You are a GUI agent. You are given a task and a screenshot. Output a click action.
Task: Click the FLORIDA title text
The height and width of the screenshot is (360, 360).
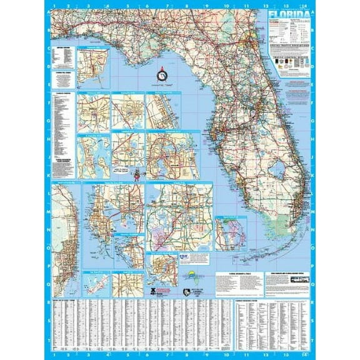(x=288, y=14)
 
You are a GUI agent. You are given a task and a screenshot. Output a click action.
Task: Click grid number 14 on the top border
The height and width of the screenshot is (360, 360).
(x=306, y=6)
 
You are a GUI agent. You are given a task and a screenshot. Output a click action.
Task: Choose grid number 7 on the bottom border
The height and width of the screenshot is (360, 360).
(x=167, y=354)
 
